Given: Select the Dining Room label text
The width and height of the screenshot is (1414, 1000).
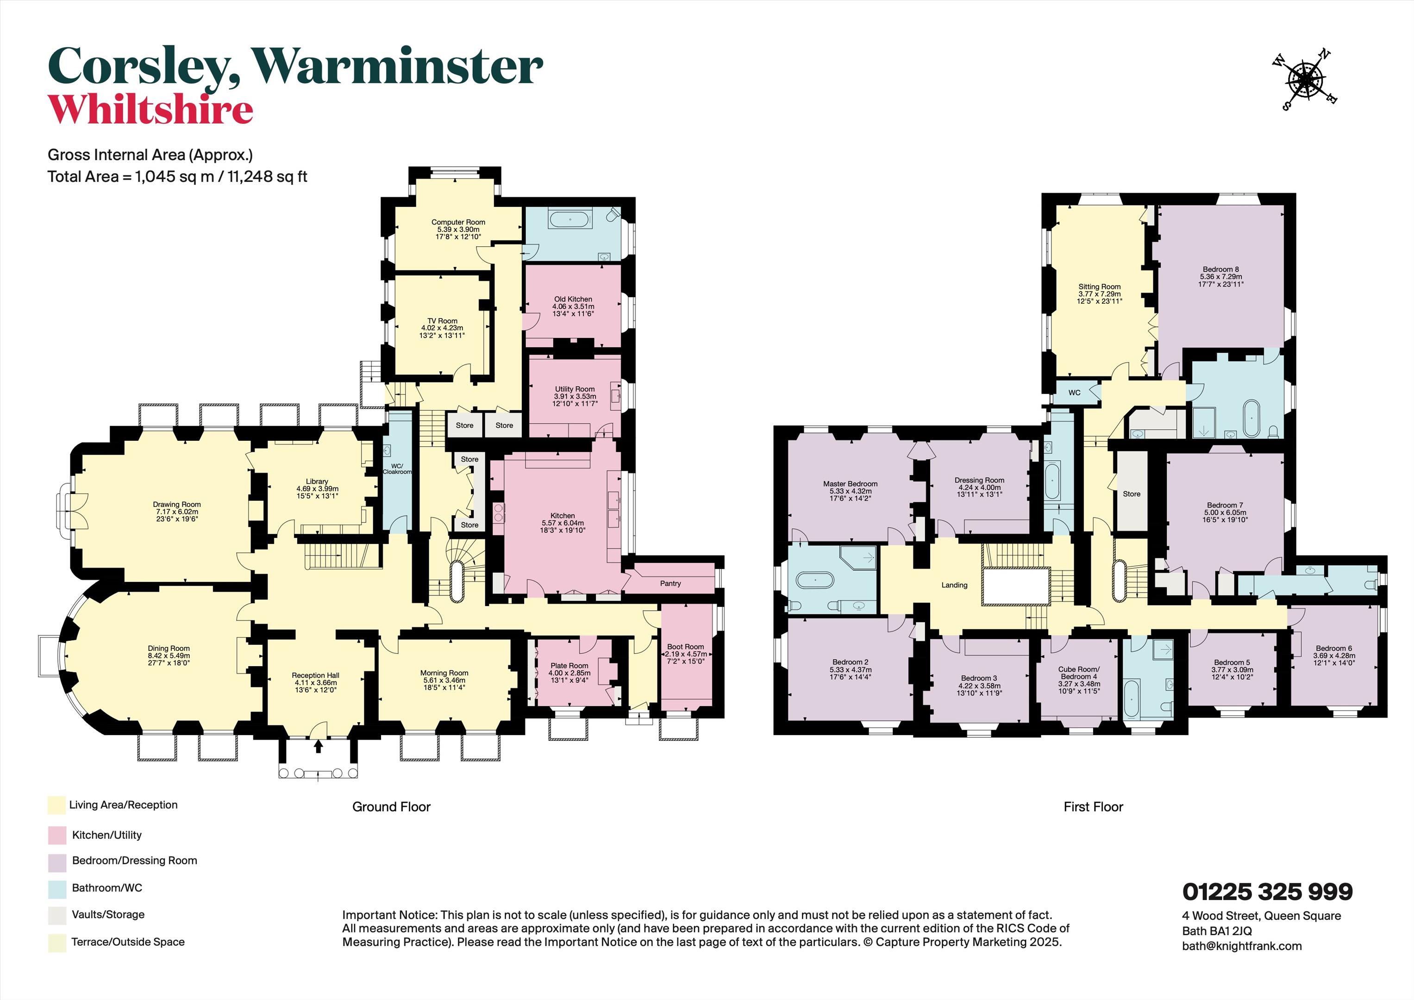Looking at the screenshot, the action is [169, 649].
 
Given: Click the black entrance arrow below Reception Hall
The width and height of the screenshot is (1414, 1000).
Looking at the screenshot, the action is [319, 747].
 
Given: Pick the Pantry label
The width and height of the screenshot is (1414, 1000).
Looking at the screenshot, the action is [671, 583].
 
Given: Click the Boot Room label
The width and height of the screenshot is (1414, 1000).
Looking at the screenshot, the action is [685, 647].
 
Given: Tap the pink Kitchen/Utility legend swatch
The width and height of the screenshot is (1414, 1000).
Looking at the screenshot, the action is [56, 836].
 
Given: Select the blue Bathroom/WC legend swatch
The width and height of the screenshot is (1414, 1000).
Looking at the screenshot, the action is [56, 888].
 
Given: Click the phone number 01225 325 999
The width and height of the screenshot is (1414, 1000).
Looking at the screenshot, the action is [1267, 891].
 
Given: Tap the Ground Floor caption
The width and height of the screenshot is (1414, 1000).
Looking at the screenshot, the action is [391, 806].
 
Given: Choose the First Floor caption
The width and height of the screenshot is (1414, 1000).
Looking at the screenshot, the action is [1093, 806].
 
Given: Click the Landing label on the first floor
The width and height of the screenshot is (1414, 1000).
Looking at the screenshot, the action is [954, 585].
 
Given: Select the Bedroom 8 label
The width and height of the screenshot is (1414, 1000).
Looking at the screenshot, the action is [1220, 269].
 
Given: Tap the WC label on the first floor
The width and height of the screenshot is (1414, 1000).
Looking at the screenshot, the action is [1074, 392].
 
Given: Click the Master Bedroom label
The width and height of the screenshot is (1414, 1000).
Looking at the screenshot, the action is [850, 484].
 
